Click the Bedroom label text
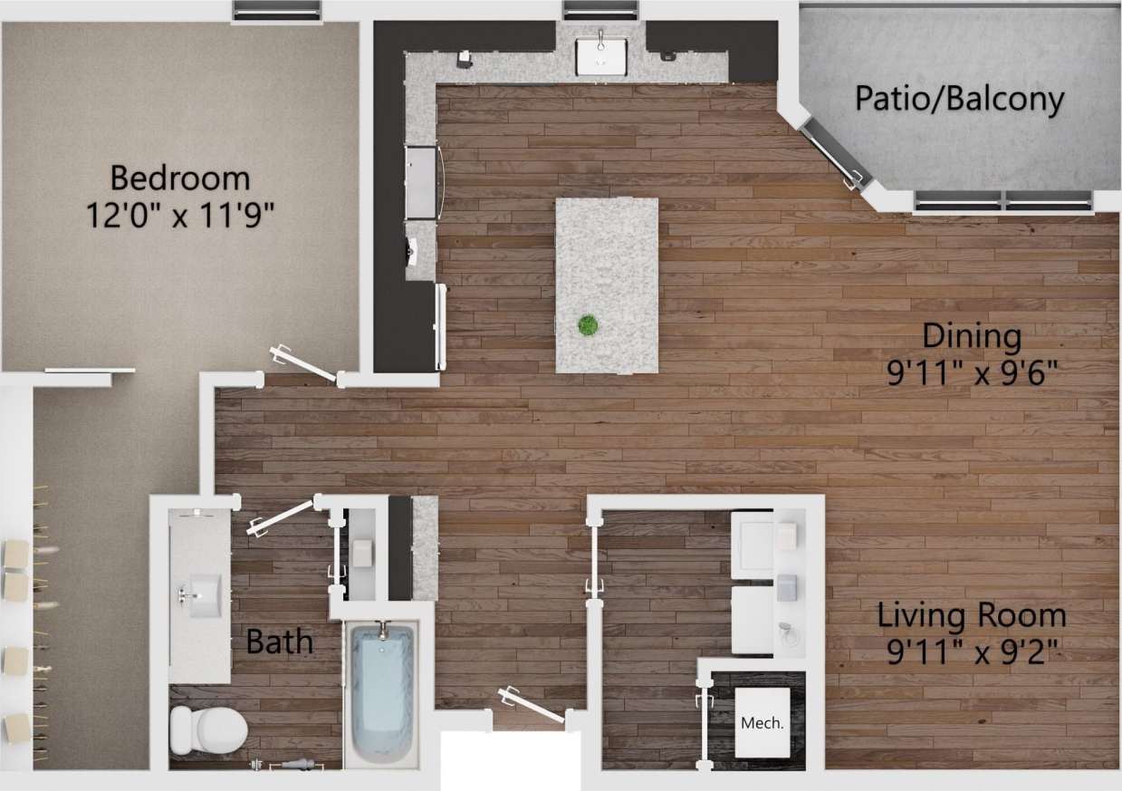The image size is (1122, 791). (x=179, y=176)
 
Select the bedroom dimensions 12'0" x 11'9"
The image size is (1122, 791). (x=179, y=215)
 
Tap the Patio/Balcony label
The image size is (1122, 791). (x=959, y=99)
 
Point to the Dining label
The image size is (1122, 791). (x=971, y=336)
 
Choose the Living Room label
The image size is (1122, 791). (x=971, y=616)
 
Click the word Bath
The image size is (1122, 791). (x=280, y=642)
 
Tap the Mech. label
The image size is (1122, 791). (x=761, y=723)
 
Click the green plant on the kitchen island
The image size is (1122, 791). (x=589, y=324)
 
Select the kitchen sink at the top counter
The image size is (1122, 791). (x=600, y=53)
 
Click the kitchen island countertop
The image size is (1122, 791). (x=606, y=272)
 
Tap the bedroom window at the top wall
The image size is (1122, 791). (x=277, y=11)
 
